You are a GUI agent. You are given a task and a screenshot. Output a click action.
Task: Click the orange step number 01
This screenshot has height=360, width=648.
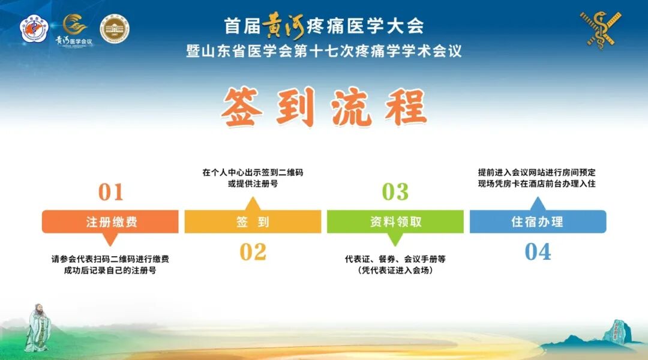110,192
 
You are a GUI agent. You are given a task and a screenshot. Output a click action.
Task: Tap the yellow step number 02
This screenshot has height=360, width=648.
253,252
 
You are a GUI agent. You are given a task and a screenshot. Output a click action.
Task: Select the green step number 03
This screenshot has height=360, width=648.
395,192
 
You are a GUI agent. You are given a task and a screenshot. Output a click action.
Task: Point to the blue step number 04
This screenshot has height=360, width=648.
538,252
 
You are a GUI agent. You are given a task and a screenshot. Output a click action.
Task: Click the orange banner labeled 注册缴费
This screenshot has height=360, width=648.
110,221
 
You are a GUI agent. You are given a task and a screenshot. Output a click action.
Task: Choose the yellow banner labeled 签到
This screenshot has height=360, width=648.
253,221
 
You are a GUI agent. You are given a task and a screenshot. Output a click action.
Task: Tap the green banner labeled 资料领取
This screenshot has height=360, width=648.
395,221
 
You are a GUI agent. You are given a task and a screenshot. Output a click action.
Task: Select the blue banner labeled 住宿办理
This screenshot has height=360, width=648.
538,221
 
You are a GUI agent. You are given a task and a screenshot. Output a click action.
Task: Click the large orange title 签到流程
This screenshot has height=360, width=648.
324,108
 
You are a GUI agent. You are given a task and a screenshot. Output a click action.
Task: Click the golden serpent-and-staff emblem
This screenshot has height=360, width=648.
601,29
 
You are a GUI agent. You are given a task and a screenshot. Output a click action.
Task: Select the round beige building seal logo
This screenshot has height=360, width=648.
114,29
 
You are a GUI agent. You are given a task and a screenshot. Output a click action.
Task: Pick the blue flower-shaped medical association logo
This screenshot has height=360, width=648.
34,29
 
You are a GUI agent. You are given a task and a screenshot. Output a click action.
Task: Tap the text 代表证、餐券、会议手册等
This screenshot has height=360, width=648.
395,259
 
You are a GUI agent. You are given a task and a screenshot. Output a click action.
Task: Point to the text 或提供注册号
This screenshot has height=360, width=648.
253,184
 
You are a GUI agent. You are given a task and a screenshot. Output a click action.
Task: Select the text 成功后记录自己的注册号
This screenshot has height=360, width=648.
110,271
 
